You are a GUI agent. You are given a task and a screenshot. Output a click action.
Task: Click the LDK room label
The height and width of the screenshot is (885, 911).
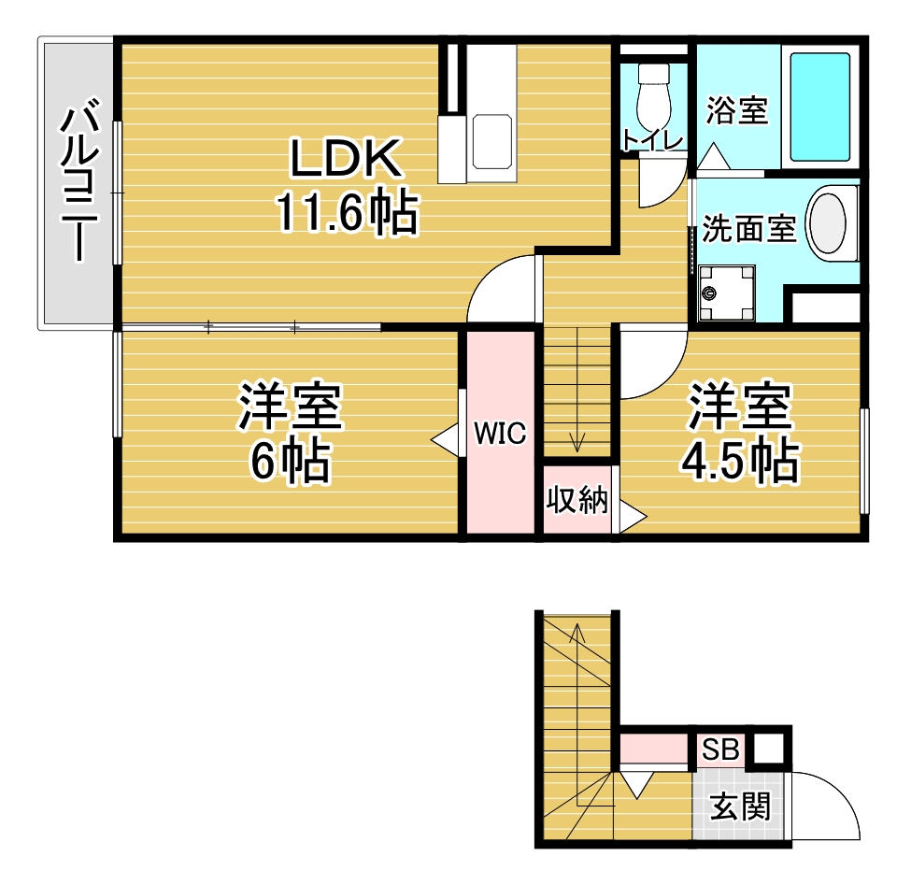(346, 158)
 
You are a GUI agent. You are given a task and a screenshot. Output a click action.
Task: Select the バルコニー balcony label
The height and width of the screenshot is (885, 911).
(78, 179)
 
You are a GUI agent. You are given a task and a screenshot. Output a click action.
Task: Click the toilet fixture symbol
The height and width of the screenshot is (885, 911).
(654, 97)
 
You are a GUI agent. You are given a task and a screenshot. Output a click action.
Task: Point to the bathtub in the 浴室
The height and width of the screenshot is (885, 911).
(819, 107)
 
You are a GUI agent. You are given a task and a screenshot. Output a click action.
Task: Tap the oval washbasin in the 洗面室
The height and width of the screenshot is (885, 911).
(828, 223)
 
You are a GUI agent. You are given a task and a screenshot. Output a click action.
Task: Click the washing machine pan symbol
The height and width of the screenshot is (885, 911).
(726, 293)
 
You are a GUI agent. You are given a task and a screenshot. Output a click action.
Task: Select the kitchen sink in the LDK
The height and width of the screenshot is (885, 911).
(492, 141)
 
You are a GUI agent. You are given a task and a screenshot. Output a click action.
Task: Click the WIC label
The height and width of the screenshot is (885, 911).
(500, 433)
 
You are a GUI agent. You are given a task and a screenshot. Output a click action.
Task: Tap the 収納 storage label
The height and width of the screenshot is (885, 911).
(576, 499)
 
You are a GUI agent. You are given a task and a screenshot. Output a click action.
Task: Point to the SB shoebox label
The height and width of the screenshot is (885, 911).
(719, 749)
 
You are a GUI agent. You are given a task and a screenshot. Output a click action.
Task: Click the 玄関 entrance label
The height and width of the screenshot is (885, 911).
(740, 806)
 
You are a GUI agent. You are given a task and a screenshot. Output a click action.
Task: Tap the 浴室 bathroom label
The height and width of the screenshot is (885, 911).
(736, 110)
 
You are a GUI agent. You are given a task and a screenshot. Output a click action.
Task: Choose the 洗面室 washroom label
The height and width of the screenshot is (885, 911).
(748, 228)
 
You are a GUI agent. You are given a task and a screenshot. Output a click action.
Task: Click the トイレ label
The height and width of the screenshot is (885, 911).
(652, 140)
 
